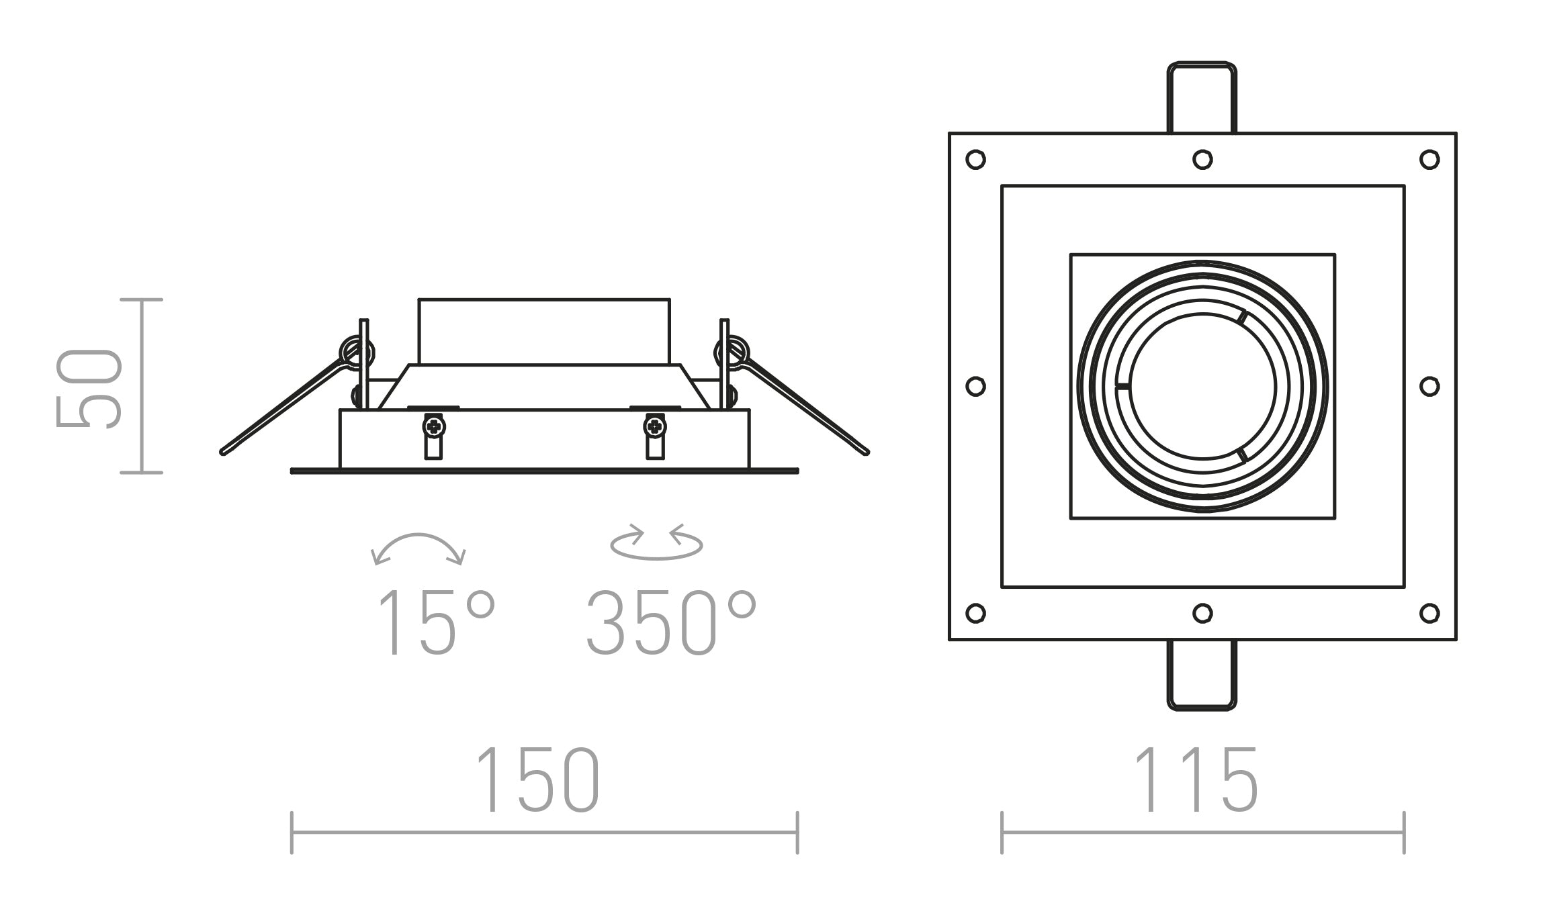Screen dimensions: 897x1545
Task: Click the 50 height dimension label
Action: tap(89, 387)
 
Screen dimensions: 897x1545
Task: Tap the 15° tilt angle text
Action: tap(435, 622)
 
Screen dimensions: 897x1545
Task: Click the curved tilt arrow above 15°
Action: tap(418, 547)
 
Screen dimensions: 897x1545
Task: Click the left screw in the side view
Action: tap(434, 426)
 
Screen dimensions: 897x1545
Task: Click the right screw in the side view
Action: tap(655, 426)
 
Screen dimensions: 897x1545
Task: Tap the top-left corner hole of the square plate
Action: tap(975, 160)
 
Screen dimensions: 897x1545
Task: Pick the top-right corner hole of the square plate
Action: tap(1429, 160)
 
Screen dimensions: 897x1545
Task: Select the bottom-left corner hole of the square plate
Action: tap(975, 613)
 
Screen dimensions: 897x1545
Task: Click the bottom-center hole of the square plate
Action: tap(1202, 613)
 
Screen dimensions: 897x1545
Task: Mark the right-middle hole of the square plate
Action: tap(1429, 386)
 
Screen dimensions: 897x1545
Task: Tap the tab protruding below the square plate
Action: tap(1202, 675)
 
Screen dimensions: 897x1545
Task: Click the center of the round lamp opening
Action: tap(1202, 387)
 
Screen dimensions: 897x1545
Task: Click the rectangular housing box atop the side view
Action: tap(544, 332)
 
